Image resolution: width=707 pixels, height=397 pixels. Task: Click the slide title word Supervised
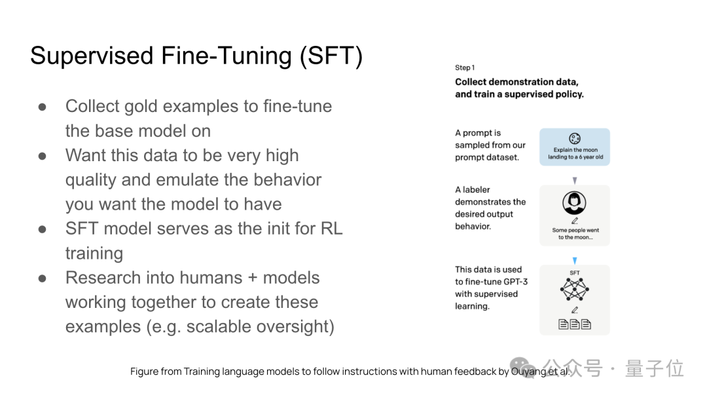(x=92, y=56)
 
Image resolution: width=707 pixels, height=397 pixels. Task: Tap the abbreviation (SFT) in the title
(x=331, y=56)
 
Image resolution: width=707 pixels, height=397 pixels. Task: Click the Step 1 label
(x=465, y=67)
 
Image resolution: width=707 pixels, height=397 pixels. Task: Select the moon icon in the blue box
(x=575, y=138)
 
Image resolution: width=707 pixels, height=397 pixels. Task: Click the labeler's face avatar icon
(x=574, y=203)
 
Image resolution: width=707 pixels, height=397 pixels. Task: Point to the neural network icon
(x=575, y=289)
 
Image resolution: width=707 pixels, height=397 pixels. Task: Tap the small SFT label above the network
(x=575, y=273)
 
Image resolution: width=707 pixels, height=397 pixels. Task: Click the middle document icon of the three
(x=575, y=324)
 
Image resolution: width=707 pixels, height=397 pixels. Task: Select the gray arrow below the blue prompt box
(x=575, y=180)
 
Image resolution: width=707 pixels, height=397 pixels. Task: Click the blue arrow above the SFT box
(x=575, y=261)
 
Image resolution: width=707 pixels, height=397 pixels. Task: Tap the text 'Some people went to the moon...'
(x=575, y=234)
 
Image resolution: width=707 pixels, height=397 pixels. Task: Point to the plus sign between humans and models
(x=253, y=278)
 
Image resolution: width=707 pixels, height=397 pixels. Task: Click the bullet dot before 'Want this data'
(x=43, y=156)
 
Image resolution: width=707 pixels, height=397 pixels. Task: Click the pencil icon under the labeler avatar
(x=575, y=221)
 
